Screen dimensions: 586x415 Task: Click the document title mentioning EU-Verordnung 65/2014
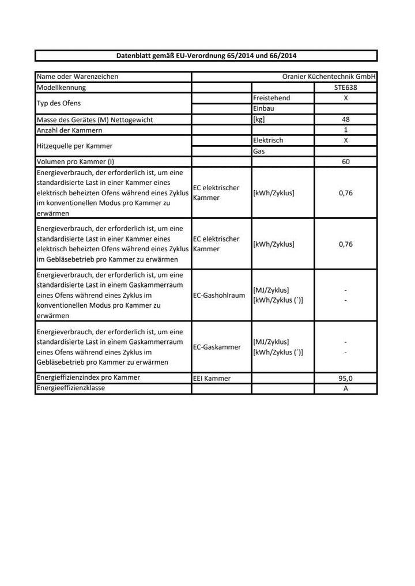tap(206, 56)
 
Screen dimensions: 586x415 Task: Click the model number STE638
tap(346, 88)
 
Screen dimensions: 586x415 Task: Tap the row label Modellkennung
tap(61, 88)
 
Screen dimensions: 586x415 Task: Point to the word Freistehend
tap(271, 98)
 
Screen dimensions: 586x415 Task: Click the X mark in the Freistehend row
tap(346, 98)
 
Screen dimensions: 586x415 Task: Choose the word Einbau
tap(263, 108)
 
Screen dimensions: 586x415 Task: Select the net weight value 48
tap(346, 119)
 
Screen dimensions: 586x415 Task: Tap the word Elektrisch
tap(268, 141)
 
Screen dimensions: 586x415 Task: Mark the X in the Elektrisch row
tap(346, 141)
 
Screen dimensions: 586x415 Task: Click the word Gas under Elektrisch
tap(259, 151)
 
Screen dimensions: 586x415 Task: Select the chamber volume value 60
tap(346, 162)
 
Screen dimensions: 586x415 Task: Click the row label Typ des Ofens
tap(58, 103)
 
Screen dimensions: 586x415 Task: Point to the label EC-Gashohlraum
tap(219, 296)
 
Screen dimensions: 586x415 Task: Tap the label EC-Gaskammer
tap(217, 347)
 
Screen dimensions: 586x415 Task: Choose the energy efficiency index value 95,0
tap(346, 379)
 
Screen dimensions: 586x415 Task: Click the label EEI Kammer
tap(212, 379)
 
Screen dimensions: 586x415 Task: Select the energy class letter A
tap(346, 389)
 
